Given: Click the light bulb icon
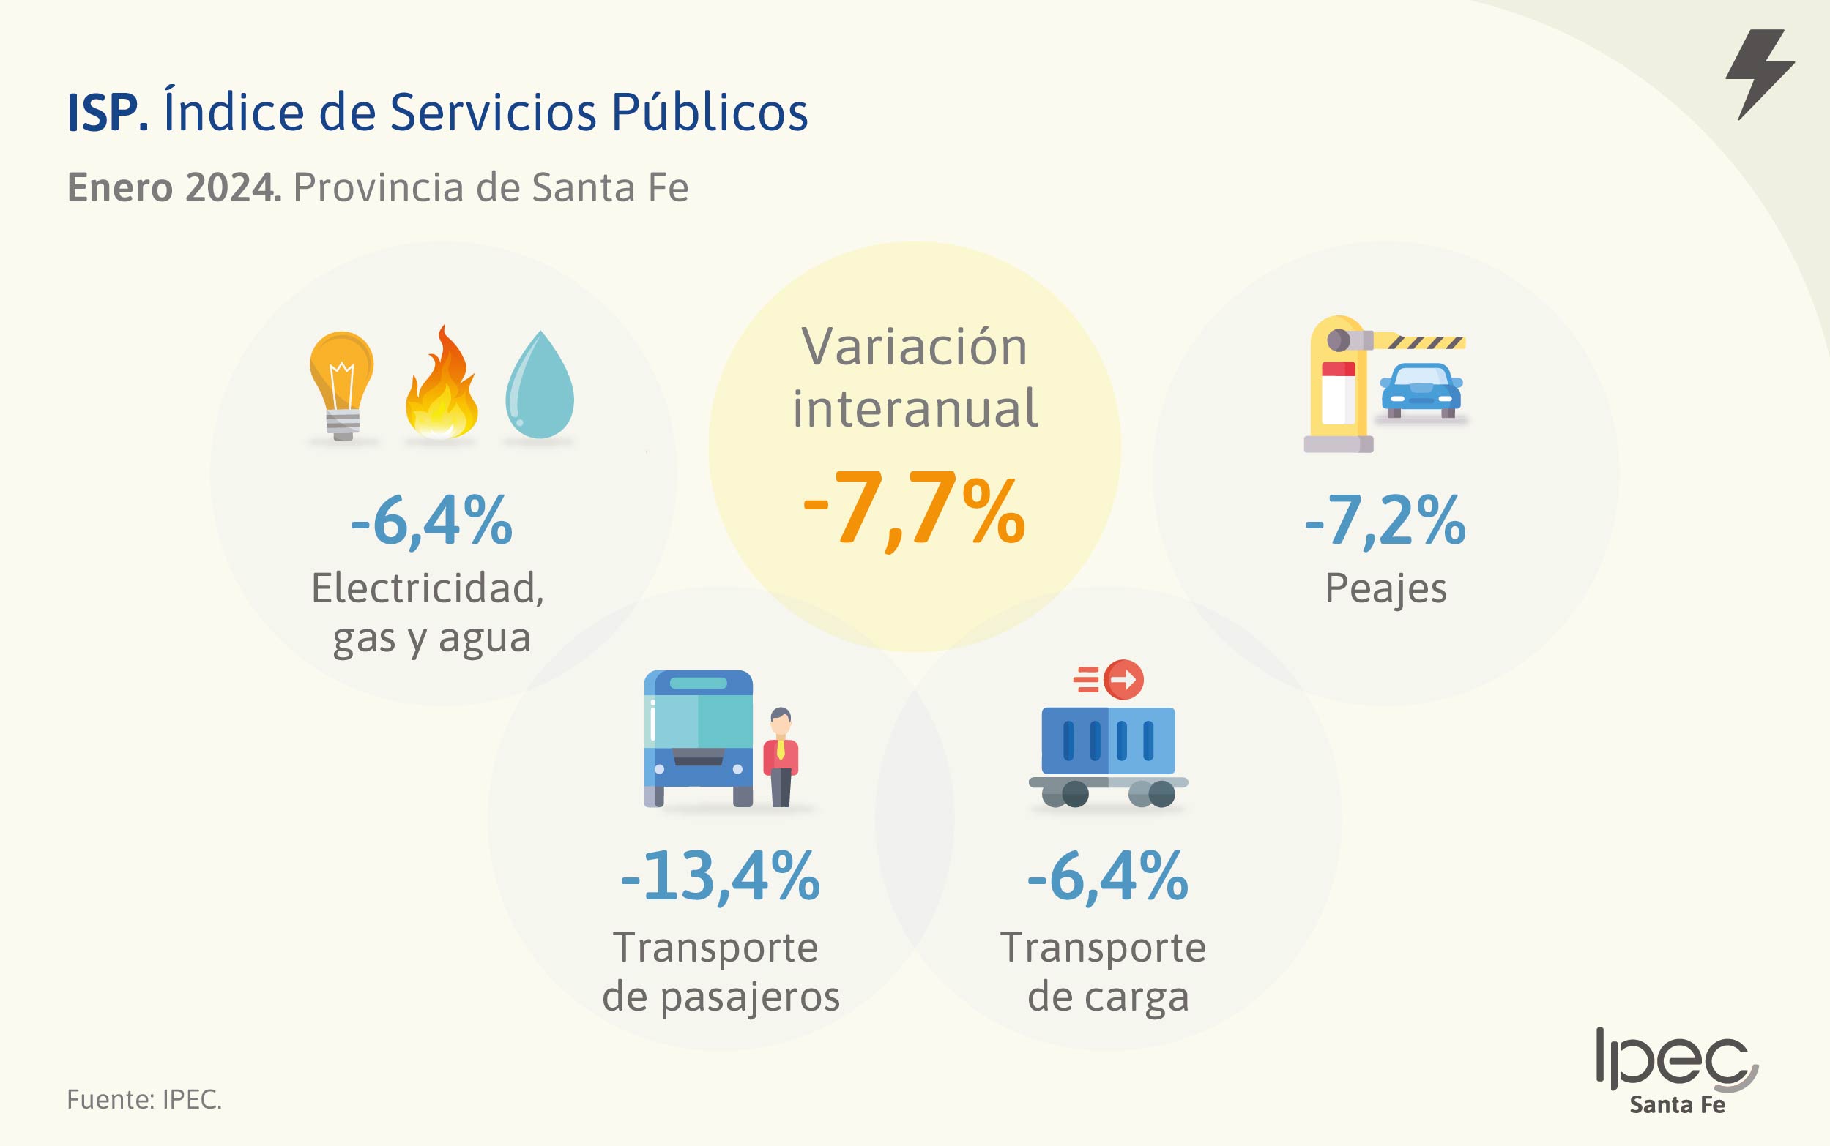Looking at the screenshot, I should (x=341, y=383).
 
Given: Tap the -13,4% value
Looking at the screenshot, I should (x=720, y=876).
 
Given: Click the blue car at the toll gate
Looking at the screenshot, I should (x=1421, y=389).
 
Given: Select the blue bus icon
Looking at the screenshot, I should (x=698, y=737).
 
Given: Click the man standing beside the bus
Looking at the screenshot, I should (x=781, y=756).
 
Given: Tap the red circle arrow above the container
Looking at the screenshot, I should (x=1123, y=679).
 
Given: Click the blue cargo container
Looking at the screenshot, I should (x=1108, y=741).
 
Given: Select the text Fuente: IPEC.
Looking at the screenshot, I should (x=144, y=1099).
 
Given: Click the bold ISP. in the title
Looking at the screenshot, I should (x=108, y=113).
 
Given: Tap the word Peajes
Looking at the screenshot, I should (x=1385, y=589).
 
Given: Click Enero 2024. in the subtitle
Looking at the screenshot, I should (x=174, y=187).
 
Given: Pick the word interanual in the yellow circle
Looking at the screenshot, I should (x=915, y=408).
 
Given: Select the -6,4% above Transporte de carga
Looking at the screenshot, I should (x=1107, y=876).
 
